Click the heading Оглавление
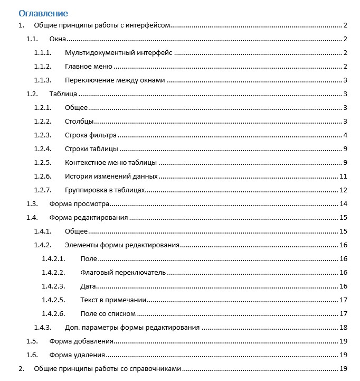pos(43,13)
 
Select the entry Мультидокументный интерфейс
pos(119,53)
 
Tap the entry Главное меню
pos(88,67)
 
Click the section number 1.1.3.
pos(43,80)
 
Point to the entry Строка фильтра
pos(90,135)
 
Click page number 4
pos(344,135)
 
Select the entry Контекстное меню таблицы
pos(111,163)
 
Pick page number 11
pos(343,176)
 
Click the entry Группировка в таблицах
pos(105,190)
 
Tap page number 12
pos(343,190)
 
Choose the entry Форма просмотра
pos(79,204)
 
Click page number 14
pos(343,204)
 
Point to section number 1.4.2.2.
pos(53,273)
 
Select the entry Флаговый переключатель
pos(124,273)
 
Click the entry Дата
pos(88,286)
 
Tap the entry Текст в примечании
pos(113,300)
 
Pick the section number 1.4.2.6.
pos(53,314)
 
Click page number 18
pos(343,328)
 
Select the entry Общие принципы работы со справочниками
pos(108,369)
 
